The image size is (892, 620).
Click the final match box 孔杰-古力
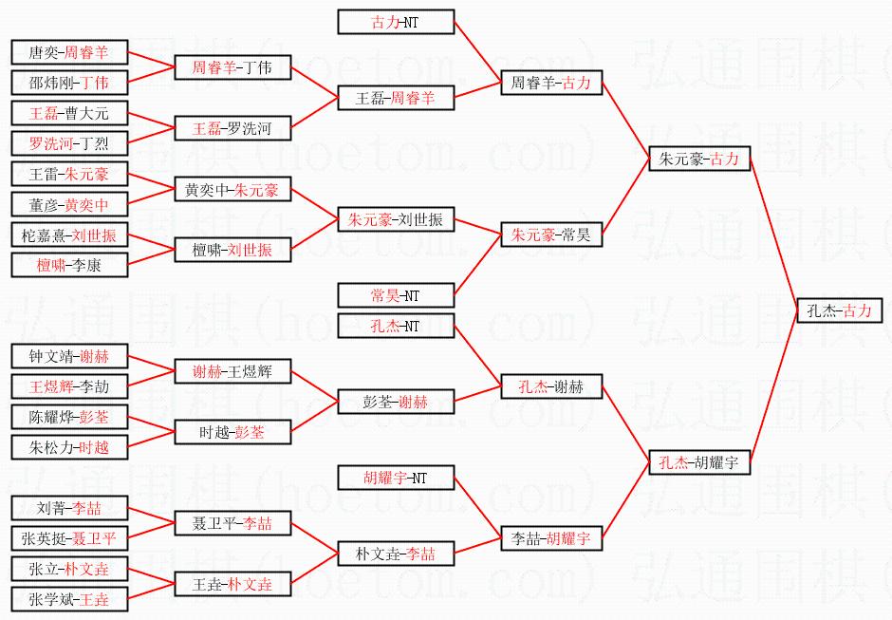coord(839,310)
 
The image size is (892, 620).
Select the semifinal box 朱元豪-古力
coord(699,160)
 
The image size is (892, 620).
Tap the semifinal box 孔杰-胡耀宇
coord(699,462)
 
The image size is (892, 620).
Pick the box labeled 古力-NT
coord(396,22)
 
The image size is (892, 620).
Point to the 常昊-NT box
coord(396,295)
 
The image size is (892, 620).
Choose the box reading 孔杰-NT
coord(396,327)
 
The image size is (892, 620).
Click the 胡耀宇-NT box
coord(396,478)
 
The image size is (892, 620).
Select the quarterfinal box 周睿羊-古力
coord(551,84)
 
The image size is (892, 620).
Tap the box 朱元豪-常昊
coord(551,235)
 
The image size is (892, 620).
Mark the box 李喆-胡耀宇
coord(551,538)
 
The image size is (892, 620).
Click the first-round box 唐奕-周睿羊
coord(69,53)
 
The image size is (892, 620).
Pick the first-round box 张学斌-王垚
coord(69,599)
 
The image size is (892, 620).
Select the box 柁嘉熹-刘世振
coord(69,235)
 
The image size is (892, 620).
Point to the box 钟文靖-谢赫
coord(69,357)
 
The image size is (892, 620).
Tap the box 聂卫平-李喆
coord(232,523)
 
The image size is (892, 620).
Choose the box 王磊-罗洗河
coord(232,128)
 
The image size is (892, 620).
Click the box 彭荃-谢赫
coord(396,402)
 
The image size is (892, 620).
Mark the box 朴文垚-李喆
coord(396,554)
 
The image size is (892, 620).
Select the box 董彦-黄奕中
coord(69,204)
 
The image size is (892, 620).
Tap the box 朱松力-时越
coord(69,447)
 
